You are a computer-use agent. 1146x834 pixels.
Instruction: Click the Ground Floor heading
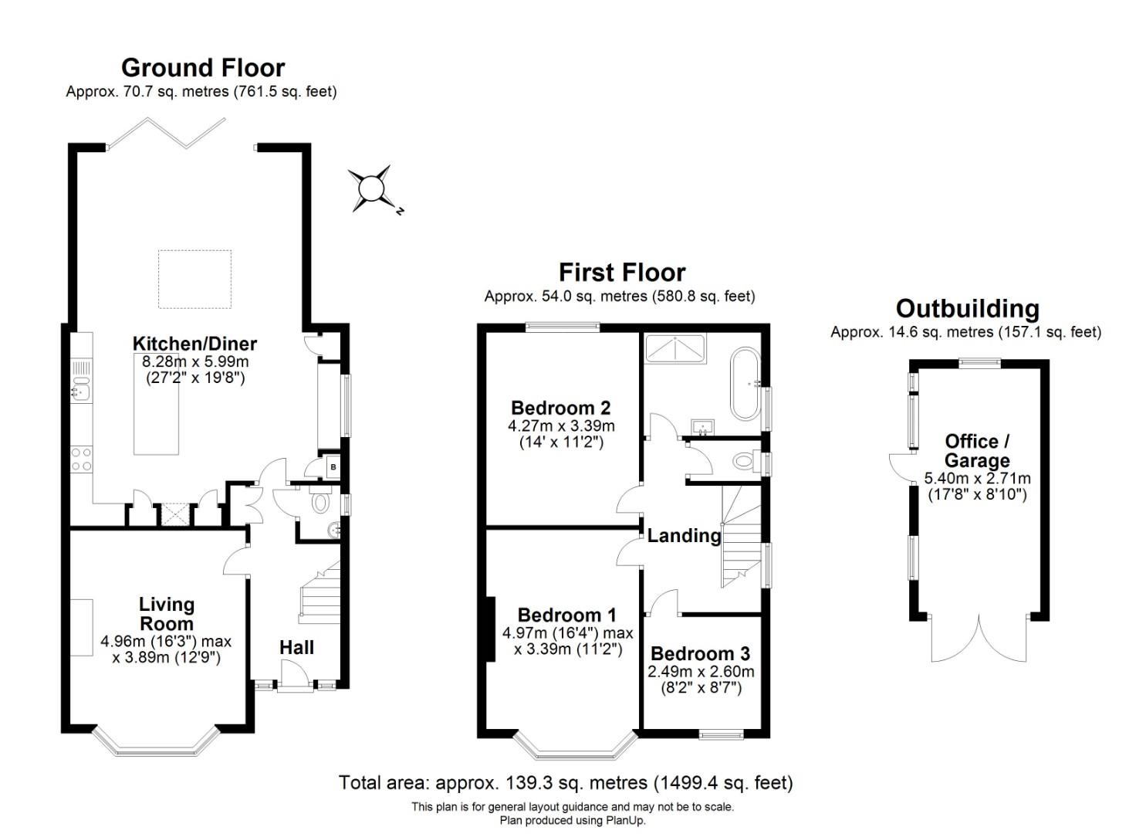(203, 68)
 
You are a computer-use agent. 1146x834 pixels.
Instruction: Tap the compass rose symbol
(372, 188)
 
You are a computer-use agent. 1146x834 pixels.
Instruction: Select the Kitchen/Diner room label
(194, 344)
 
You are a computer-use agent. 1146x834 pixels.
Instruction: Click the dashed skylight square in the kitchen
(195, 279)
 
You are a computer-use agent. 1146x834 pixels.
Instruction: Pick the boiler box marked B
(333, 467)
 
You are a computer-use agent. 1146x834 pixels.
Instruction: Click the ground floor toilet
(319, 503)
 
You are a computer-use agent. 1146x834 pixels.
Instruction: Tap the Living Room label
(167, 614)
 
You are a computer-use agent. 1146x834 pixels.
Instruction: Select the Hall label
(296, 647)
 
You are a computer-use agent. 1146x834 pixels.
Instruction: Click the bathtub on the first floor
(745, 384)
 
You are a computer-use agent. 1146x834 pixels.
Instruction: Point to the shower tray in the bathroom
(675, 348)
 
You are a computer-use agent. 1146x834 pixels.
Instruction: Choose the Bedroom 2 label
(561, 408)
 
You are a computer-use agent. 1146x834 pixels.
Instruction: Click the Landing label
(684, 535)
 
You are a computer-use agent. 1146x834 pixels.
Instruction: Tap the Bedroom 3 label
(700, 654)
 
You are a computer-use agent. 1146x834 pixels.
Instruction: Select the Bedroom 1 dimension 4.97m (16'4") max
(567, 633)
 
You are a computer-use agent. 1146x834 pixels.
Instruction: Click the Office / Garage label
(977, 451)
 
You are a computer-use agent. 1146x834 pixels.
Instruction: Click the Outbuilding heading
(967, 309)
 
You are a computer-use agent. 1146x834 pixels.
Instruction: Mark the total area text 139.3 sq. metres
(541, 782)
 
